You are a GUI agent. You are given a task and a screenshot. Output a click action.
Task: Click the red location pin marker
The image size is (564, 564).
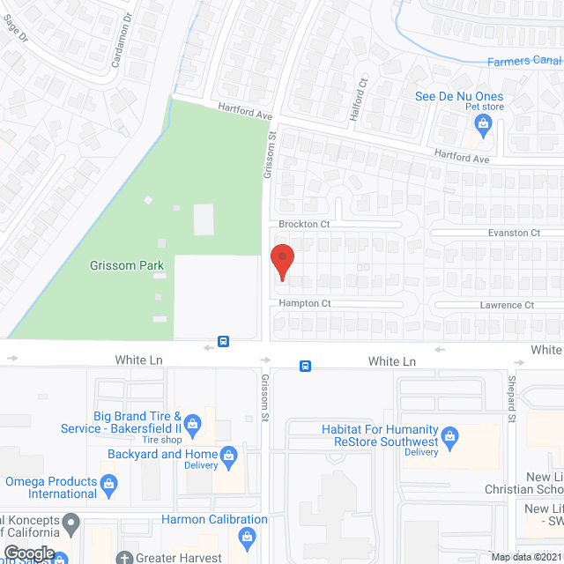281,262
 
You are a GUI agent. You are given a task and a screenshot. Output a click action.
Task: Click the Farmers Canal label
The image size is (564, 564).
524,61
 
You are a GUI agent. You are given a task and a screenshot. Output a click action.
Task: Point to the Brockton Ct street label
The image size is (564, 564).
304,225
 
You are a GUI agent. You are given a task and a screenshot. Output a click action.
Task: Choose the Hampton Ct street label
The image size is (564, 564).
304,303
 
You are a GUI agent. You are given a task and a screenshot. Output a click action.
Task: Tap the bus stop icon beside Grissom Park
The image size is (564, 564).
224,341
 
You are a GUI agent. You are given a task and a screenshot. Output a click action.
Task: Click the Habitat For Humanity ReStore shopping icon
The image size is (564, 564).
450,435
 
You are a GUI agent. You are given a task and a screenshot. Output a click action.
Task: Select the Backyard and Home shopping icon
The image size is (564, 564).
229,455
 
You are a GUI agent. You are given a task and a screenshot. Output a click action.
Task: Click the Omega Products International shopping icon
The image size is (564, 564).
108,482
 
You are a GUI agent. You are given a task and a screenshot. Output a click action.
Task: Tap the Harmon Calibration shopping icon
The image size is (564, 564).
247,535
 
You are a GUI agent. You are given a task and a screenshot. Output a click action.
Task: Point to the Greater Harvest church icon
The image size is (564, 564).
125,557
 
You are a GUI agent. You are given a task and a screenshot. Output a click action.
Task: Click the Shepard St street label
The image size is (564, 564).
511,399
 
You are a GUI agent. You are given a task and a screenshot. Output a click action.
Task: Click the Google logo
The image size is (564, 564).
28,553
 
